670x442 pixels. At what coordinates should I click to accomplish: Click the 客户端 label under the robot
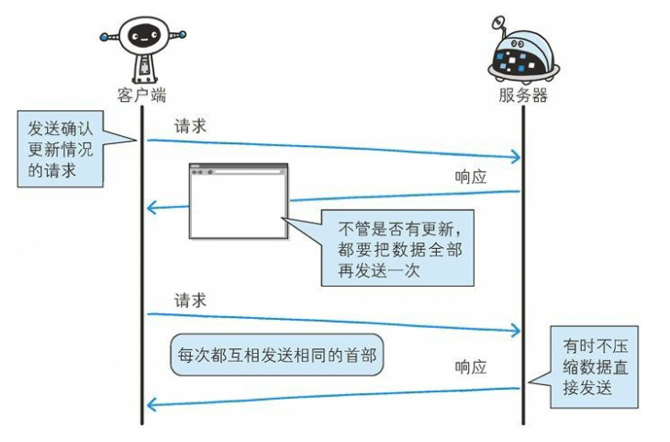click(x=142, y=95)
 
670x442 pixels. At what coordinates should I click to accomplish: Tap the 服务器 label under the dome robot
click(x=523, y=95)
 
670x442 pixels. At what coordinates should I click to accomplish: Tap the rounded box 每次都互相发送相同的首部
click(x=275, y=356)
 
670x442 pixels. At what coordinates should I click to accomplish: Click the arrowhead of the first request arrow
click(x=515, y=157)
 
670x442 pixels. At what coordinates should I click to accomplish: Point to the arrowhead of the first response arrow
click(x=152, y=209)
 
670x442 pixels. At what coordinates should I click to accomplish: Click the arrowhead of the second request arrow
click(x=515, y=330)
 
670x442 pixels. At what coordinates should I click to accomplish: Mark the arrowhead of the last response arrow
click(x=152, y=402)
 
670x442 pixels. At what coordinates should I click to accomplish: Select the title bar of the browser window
click(x=238, y=170)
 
